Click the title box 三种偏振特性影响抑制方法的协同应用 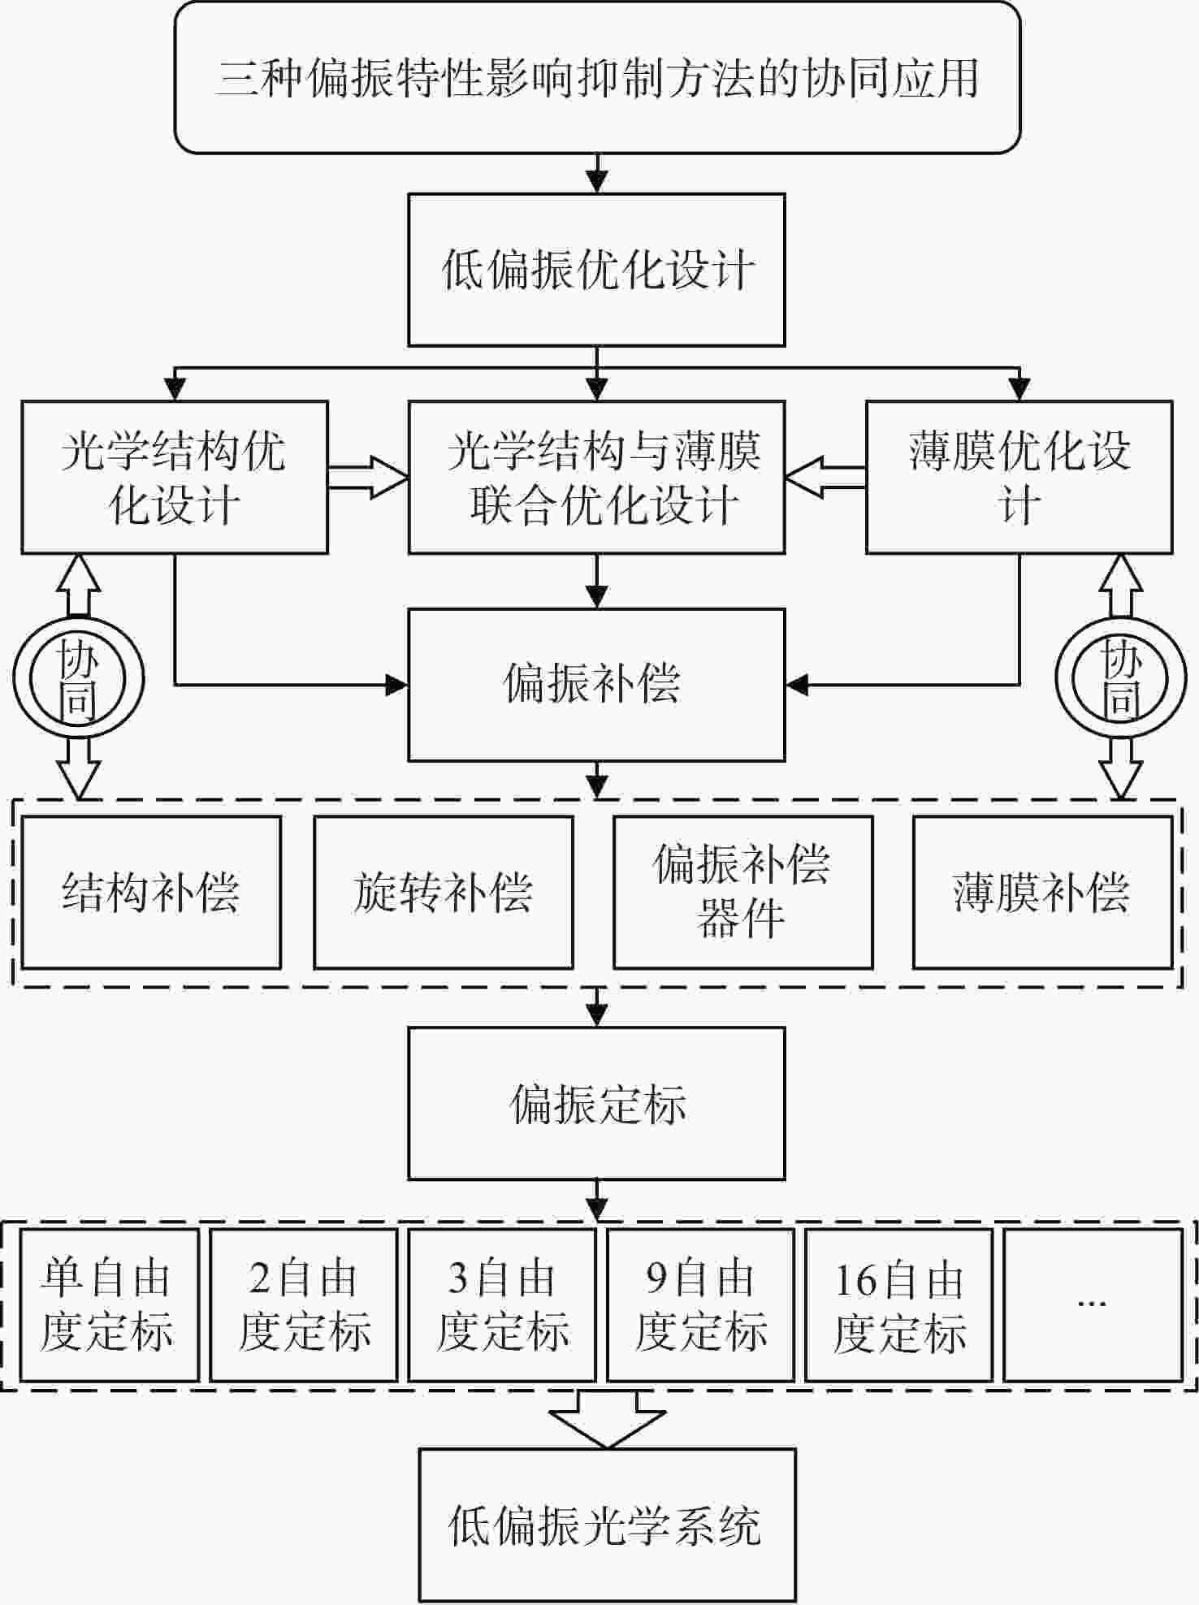point(597,78)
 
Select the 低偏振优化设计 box point(596,270)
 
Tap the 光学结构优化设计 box point(175,477)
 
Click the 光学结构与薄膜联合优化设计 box point(596,477)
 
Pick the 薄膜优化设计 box point(1019,477)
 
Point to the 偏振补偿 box point(596,684)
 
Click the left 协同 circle point(78,679)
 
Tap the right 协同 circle point(1121,679)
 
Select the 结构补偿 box point(151,892)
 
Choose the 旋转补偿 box point(444,892)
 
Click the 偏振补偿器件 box point(742,892)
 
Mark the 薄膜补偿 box point(1042,892)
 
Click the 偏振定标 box point(596,1103)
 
